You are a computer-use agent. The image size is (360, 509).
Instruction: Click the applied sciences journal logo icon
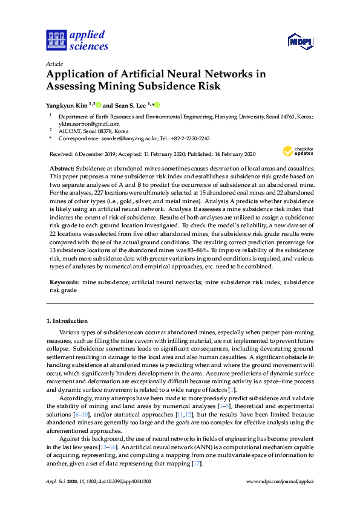coord(56,40)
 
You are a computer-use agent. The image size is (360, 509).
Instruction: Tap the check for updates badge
coord(298,151)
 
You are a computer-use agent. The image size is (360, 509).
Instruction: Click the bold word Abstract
coord(60,166)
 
